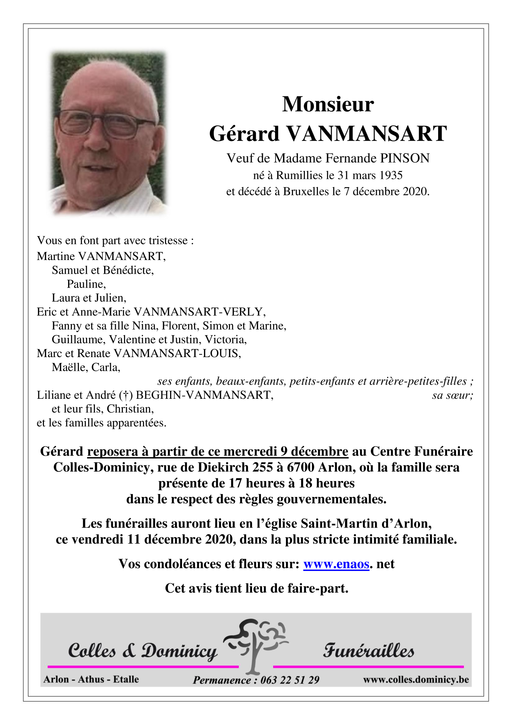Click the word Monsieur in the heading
(x=328, y=105)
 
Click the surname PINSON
(x=404, y=158)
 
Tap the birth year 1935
(x=389, y=175)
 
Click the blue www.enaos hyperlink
(x=336, y=564)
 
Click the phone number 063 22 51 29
(x=290, y=680)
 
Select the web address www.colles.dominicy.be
(x=416, y=680)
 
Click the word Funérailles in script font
(x=368, y=651)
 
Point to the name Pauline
(x=86, y=284)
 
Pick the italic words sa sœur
(x=452, y=395)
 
